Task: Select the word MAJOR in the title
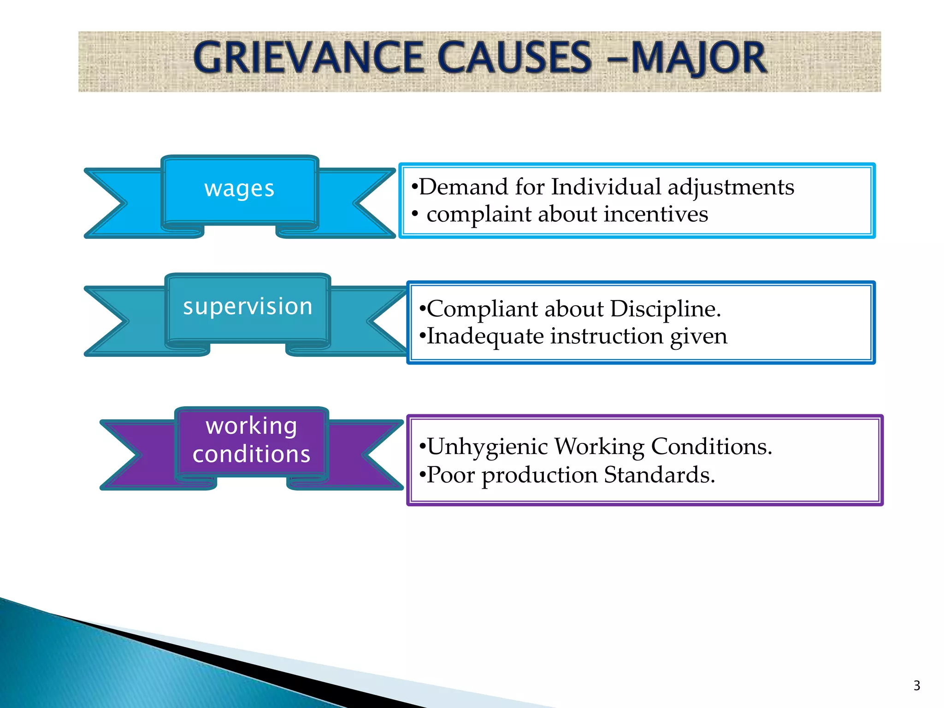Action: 699,58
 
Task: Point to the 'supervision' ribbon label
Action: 248,307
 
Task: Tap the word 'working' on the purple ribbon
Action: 251,426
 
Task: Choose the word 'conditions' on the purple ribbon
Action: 251,454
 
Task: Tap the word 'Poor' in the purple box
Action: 450,475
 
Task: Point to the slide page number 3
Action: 916,685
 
